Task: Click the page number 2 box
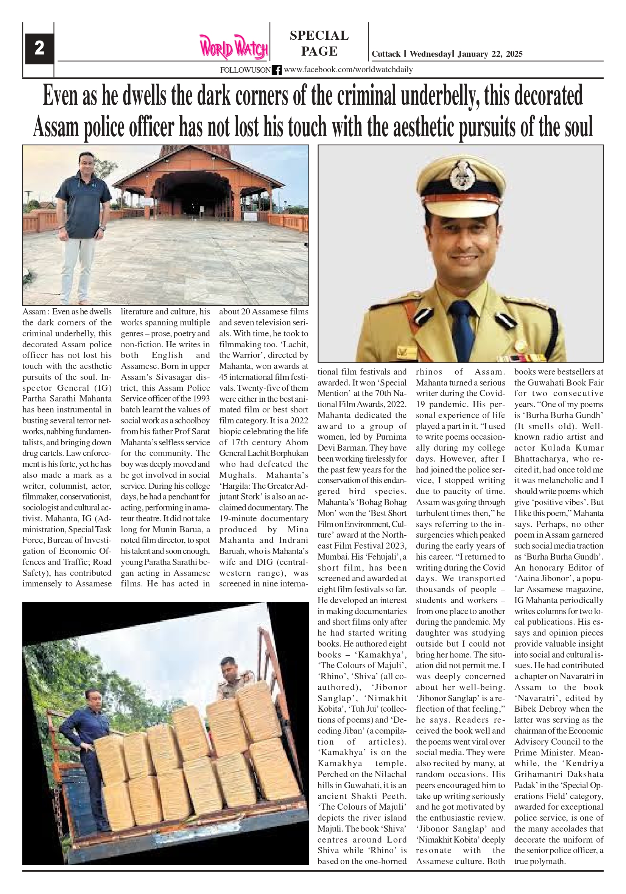tap(39, 49)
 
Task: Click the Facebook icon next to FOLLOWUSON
tap(277, 70)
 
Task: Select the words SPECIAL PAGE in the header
tap(319, 43)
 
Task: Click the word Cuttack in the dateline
tap(386, 54)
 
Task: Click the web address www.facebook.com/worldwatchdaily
tap(348, 70)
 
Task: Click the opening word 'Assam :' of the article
tap(36, 312)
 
